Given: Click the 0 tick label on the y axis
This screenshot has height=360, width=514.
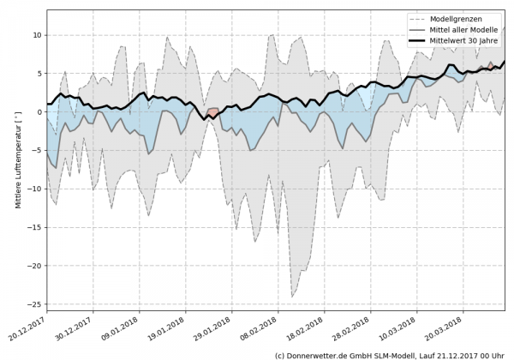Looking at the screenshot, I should (x=38, y=112).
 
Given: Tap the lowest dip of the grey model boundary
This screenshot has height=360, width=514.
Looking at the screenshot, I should (x=292, y=297).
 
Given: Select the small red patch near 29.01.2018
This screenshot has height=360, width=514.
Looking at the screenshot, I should (x=212, y=112).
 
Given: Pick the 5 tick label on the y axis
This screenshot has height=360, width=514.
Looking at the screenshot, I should (x=38, y=74).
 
